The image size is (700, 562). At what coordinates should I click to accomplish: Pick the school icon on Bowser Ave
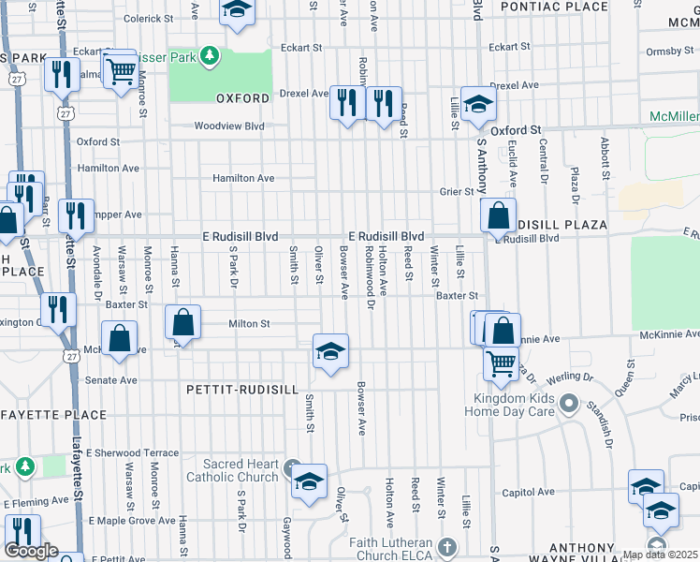click(329, 352)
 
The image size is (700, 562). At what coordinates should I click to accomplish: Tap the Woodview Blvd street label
click(229, 126)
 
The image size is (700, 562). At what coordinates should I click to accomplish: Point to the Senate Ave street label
click(112, 380)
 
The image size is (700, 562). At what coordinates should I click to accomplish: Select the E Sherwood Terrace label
click(132, 452)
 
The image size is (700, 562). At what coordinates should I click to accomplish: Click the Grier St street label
click(458, 191)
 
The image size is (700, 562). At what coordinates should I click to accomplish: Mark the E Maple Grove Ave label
click(131, 520)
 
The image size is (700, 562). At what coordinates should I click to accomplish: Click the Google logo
click(30, 552)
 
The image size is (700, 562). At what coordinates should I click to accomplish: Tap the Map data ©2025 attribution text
click(660, 555)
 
